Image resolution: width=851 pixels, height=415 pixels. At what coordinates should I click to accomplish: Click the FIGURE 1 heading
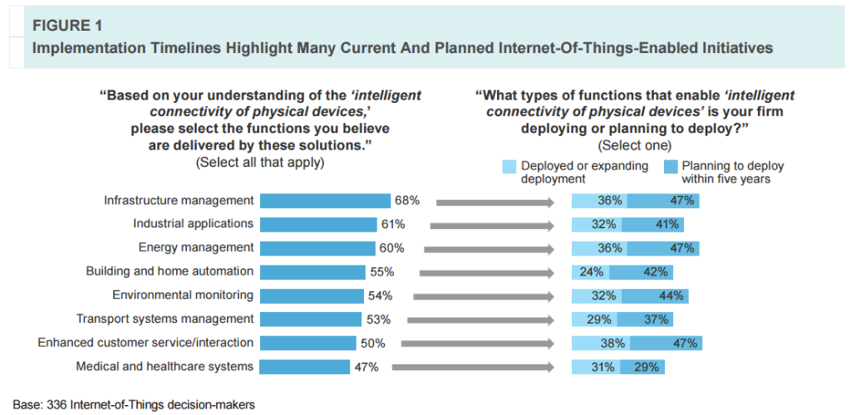[x=66, y=25]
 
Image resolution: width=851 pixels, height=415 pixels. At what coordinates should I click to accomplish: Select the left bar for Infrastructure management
[x=325, y=201]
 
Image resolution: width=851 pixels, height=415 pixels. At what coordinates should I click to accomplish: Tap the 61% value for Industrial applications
[x=393, y=224]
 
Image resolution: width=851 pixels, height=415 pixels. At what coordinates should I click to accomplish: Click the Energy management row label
[x=196, y=247]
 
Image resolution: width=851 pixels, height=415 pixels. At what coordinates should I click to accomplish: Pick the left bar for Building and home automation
[x=312, y=271]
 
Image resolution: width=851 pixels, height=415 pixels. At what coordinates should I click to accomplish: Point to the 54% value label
[x=381, y=295]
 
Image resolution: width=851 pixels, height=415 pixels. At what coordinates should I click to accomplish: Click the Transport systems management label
[x=165, y=319]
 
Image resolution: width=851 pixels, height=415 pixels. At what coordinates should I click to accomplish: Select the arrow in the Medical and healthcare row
[x=473, y=367]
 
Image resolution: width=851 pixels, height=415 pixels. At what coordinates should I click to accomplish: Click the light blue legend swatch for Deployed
[x=509, y=167]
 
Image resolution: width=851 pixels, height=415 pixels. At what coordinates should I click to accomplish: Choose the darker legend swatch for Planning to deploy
[x=671, y=167]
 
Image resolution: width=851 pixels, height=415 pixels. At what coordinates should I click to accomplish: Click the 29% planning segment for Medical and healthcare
[x=647, y=367]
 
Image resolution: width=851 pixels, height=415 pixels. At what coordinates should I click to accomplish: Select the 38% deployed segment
[x=601, y=343]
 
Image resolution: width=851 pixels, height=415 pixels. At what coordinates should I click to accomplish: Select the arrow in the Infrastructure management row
[x=494, y=201]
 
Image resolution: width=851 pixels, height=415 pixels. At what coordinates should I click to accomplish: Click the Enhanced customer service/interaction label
[x=145, y=343]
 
